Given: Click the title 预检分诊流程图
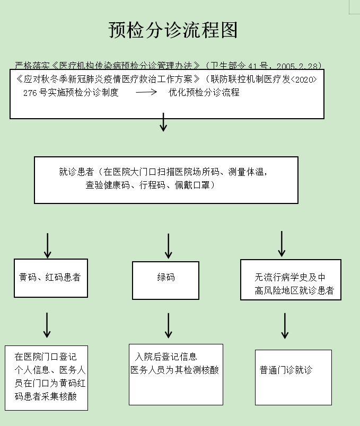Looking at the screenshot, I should click(x=173, y=30).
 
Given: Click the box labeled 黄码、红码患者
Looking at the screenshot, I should click(x=50, y=278).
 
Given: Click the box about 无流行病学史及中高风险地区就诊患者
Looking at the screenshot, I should click(x=290, y=284).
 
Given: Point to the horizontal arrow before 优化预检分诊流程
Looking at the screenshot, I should click(x=146, y=93).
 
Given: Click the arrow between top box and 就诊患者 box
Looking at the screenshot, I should click(x=163, y=122).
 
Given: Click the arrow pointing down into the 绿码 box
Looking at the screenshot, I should click(x=169, y=245).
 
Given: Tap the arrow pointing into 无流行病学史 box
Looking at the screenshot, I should click(x=282, y=243).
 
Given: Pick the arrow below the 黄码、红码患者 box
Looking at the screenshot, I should click(x=47, y=324).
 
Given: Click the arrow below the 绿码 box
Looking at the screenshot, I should click(x=169, y=325).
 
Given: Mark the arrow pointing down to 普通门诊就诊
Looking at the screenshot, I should click(x=285, y=325).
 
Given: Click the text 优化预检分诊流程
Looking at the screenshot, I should click(x=204, y=93).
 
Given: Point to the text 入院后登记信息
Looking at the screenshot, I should click(x=166, y=357).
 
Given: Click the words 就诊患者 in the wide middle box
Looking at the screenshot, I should click(x=76, y=172).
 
